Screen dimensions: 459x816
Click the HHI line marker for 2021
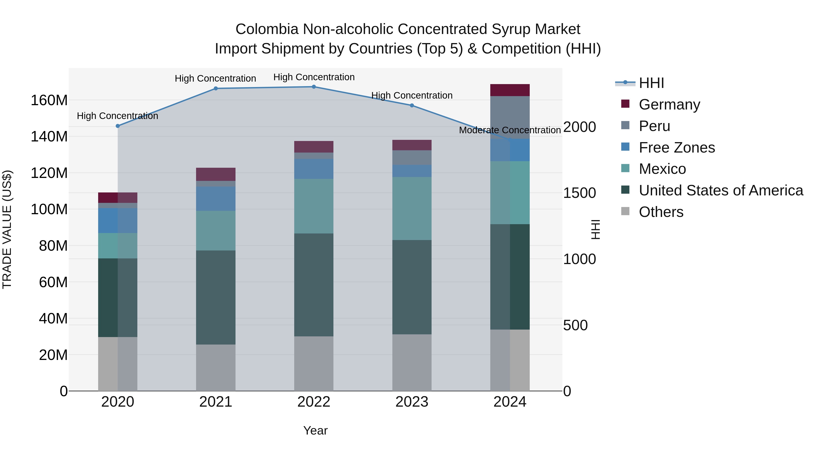pos(216,88)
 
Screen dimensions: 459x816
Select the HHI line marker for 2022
pos(314,87)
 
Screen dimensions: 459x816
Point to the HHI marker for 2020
pos(118,126)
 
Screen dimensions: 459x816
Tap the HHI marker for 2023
pos(412,105)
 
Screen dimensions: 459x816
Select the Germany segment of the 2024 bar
pos(510,90)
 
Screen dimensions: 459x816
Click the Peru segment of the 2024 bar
pos(510,117)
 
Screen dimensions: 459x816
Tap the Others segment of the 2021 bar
pos(216,367)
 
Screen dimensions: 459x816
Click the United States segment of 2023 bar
pos(412,287)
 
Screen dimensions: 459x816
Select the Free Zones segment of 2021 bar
pos(216,199)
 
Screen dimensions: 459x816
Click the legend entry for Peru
pos(654,126)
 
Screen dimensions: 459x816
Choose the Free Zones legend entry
pos(677,148)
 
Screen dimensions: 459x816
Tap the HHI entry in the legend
pos(651,83)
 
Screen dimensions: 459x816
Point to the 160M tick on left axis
pos(49,100)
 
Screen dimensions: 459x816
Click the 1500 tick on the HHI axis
pos(579,193)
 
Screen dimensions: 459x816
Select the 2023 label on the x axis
pos(412,402)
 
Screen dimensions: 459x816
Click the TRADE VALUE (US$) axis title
pos(7,229)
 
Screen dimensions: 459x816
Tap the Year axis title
pos(315,430)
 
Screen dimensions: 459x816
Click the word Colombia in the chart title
pos(267,29)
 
